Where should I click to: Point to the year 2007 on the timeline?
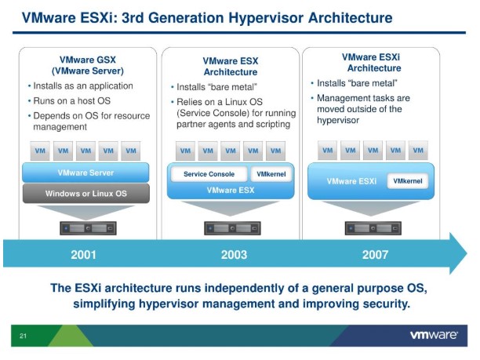[374, 255]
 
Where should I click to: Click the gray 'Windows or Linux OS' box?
[86, 193]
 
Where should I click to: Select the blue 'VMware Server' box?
[86, 173]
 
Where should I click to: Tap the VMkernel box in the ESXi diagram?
[407, 181]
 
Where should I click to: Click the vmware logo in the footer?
[434, 336]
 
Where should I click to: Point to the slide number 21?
[24, 336]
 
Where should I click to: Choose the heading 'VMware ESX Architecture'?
[231, 66]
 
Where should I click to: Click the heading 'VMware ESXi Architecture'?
[374, 62]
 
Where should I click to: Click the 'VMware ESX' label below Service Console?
[231, 190]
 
